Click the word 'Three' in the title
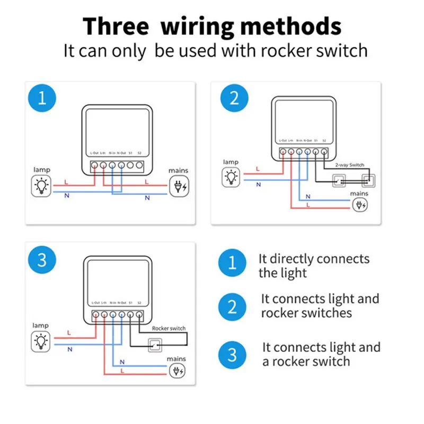pyautogui.click(x=118, y=26)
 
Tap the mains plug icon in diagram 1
pyautogui.click(x=178, y=186)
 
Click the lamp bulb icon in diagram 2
pyautogui.click(x=231, y=176)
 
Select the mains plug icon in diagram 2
pyautogui.click(x=359, y=205)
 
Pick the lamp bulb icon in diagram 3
pyautogui.click(x=41, y=340)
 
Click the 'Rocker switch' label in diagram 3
pyautogui.click(x=169, y=328)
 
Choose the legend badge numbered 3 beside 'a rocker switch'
pyautogui.click(x=232, y=354)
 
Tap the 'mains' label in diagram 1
pyautogui.click(x=178, y=171)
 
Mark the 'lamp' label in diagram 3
pyautogui.click(x=41, y=325)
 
